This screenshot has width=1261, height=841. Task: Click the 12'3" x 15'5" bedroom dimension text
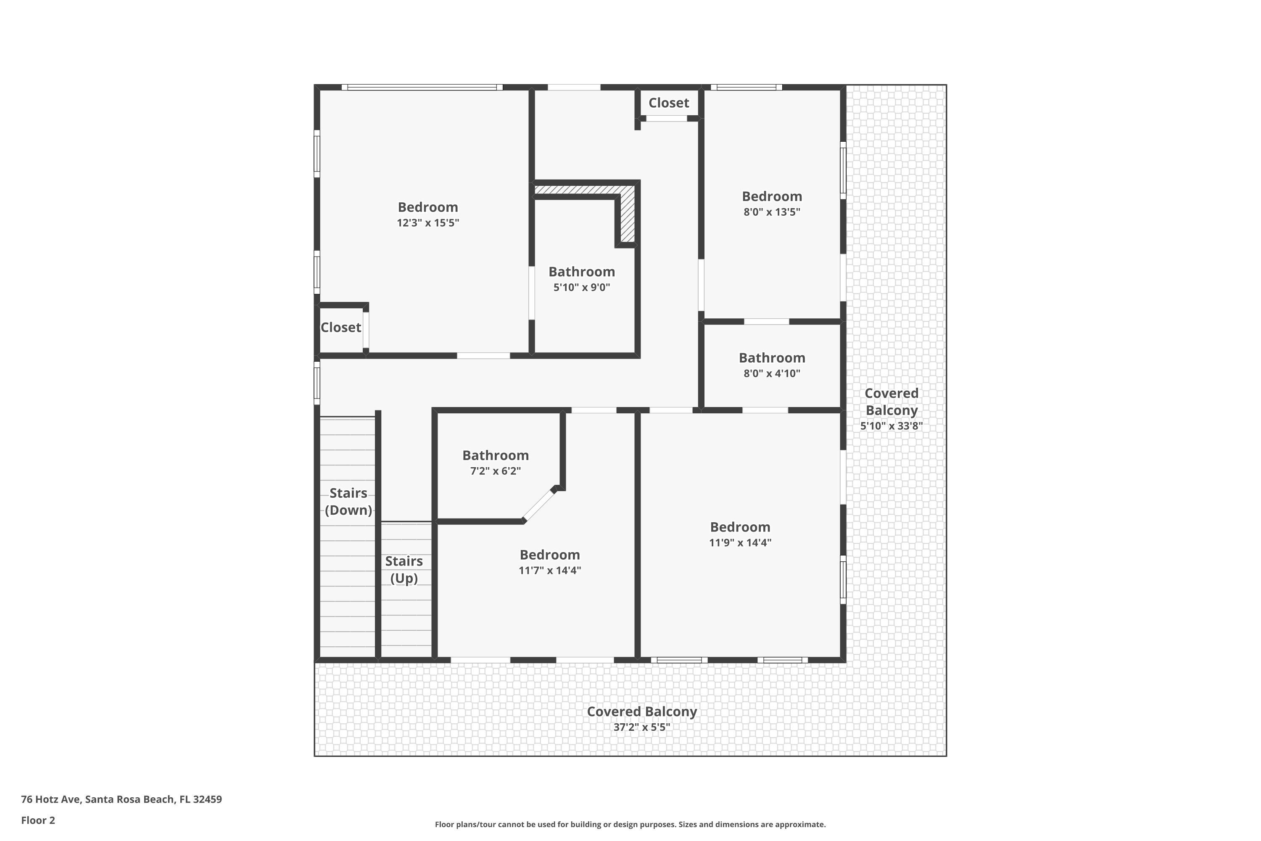click(428, 222)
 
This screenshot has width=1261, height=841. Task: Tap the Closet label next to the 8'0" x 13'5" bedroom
click(669, 103)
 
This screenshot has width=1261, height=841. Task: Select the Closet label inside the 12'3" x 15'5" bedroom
click(340, 327)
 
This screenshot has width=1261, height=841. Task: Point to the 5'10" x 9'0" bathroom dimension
click(582, 287)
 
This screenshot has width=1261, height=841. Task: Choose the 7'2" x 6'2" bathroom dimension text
click(496, 471)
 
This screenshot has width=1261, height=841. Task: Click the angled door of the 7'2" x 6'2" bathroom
click(539, 504)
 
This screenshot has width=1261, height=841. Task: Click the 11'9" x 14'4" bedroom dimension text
click(740, 542)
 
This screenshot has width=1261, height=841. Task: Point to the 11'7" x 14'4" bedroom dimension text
click(549, 570)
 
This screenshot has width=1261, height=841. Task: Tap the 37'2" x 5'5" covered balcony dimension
click(642, 727)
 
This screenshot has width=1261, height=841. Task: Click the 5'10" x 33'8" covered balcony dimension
click(892, 426)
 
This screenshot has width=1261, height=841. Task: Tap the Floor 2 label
click(38, 820)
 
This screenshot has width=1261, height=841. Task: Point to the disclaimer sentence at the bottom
click(630, 824)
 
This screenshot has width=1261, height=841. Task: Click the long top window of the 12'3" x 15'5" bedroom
click(422, 87)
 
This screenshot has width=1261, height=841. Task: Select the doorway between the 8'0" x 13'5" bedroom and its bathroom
click(766, 321)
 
